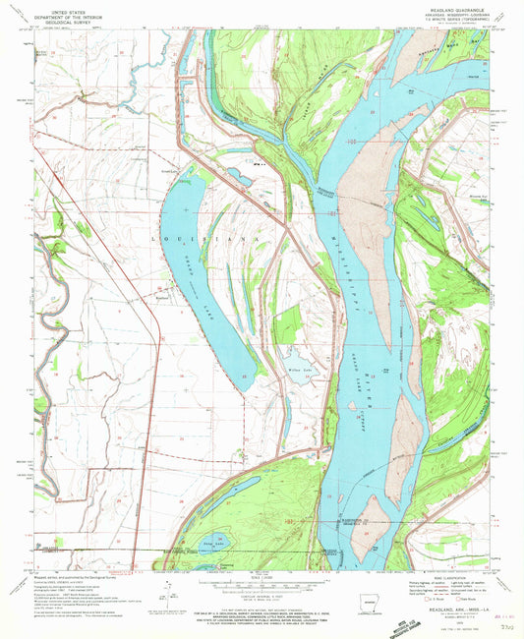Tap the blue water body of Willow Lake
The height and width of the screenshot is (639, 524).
click(x=295, y=372)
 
